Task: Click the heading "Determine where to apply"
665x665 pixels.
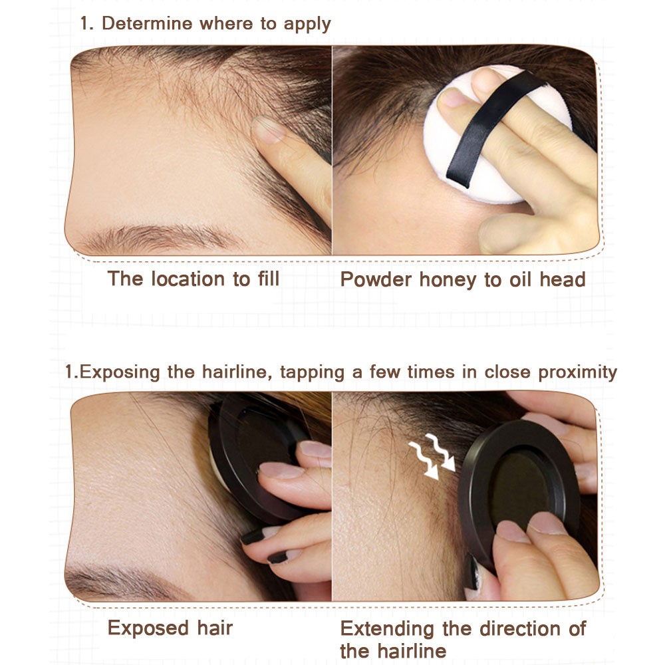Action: [216, 24]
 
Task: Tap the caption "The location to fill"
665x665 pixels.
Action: [194, 279]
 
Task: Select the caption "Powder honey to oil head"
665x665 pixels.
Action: [463, 279]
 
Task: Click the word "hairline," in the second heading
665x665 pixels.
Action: [237, 372]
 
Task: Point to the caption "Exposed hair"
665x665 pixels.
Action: [170, 628]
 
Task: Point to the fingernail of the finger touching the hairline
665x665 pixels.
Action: [267, 130]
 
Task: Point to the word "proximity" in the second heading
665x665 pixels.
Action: [577, 372]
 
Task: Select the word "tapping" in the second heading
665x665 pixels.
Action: [312, 372]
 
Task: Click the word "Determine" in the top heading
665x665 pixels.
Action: [147, 23]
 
